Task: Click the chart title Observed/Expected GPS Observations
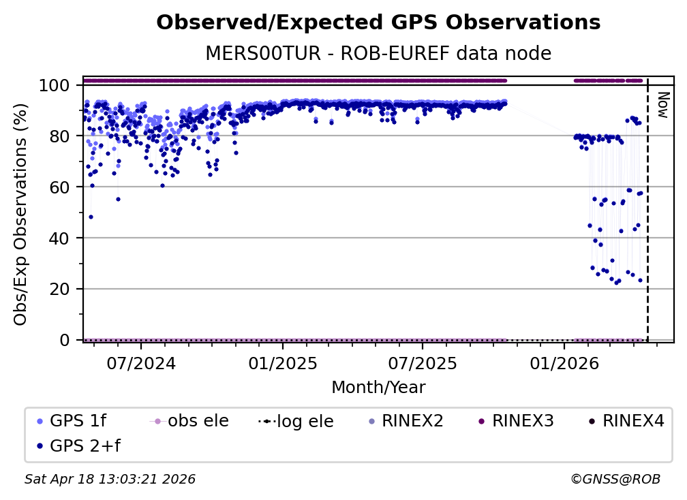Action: click(378, 22)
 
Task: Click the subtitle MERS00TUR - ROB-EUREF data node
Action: click(378, 53)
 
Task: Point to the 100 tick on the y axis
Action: click(55, 85)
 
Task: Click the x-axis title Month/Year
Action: click(378, 388)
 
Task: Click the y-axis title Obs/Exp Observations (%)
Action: click(20, 213)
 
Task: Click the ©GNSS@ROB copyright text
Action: click(615, 480)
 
